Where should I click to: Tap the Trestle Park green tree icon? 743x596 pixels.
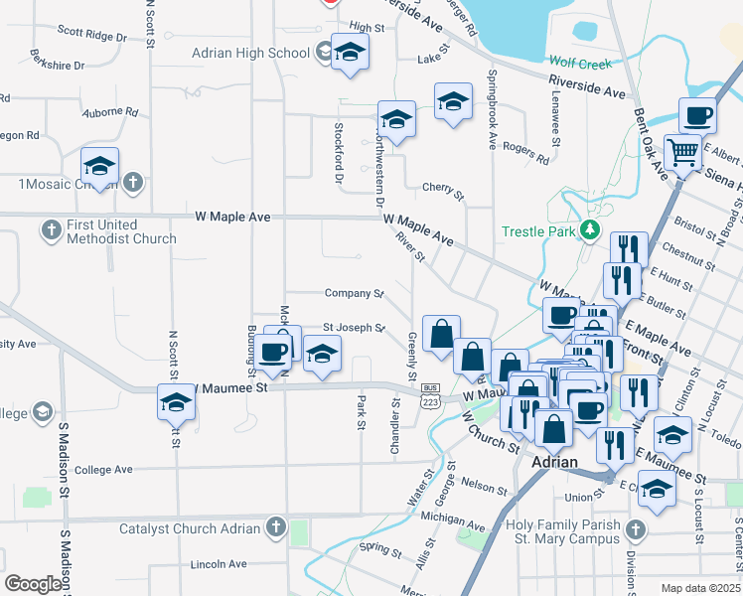(x=591, y=231)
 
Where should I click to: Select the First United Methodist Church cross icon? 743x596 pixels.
(x=51, y=230)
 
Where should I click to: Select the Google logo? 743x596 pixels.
(x=33, y=584)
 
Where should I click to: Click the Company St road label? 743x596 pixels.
(x=354, y=294)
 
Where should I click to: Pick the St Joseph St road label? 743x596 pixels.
(x=354, y=327)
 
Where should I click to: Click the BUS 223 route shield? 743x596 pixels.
(x=430, y=393)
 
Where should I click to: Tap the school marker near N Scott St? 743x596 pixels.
(x=175, y=401)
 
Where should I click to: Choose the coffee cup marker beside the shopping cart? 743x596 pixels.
(x=697, y=114)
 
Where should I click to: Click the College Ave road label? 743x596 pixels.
(x=103, y=470)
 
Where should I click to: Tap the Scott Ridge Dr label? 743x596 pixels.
(x=92, y=34)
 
